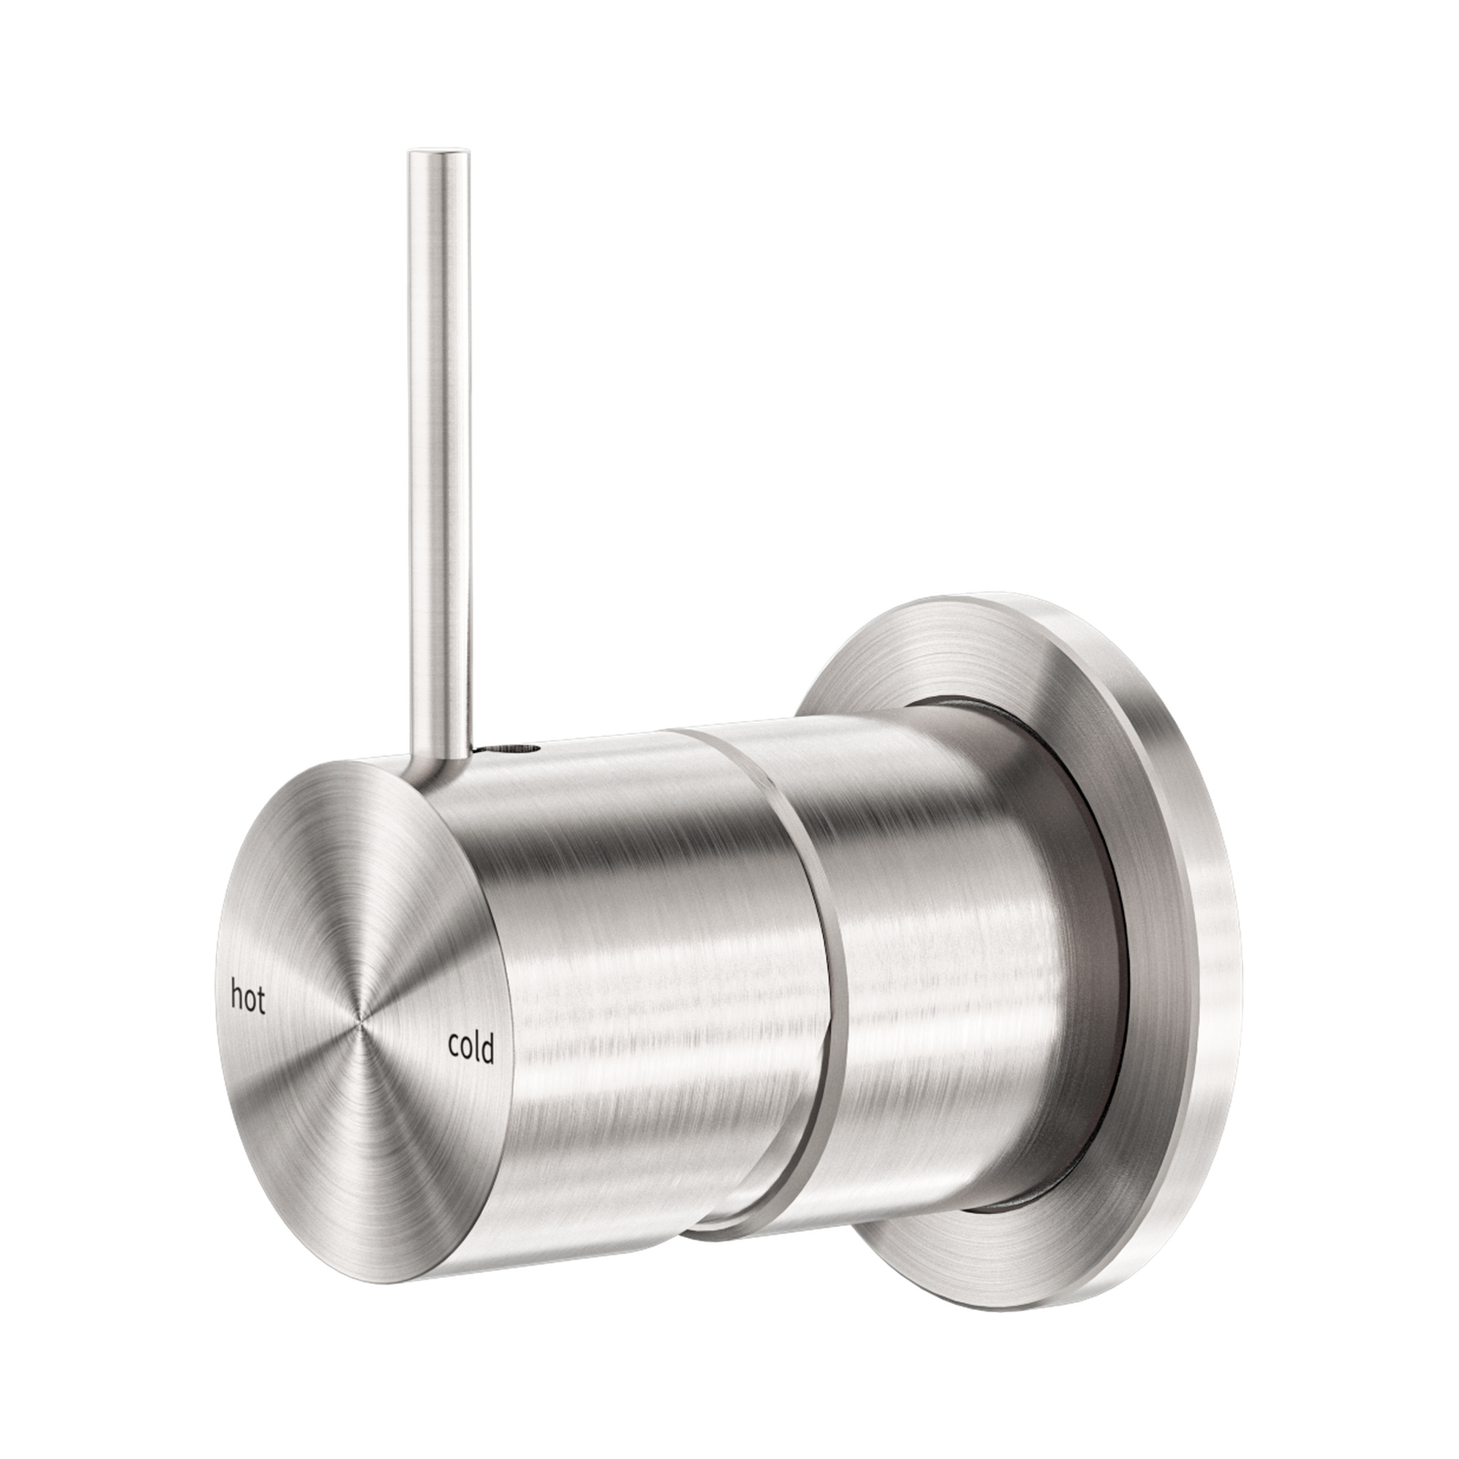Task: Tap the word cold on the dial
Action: tap(471, 1047)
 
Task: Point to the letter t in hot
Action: tap(261, 1000)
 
